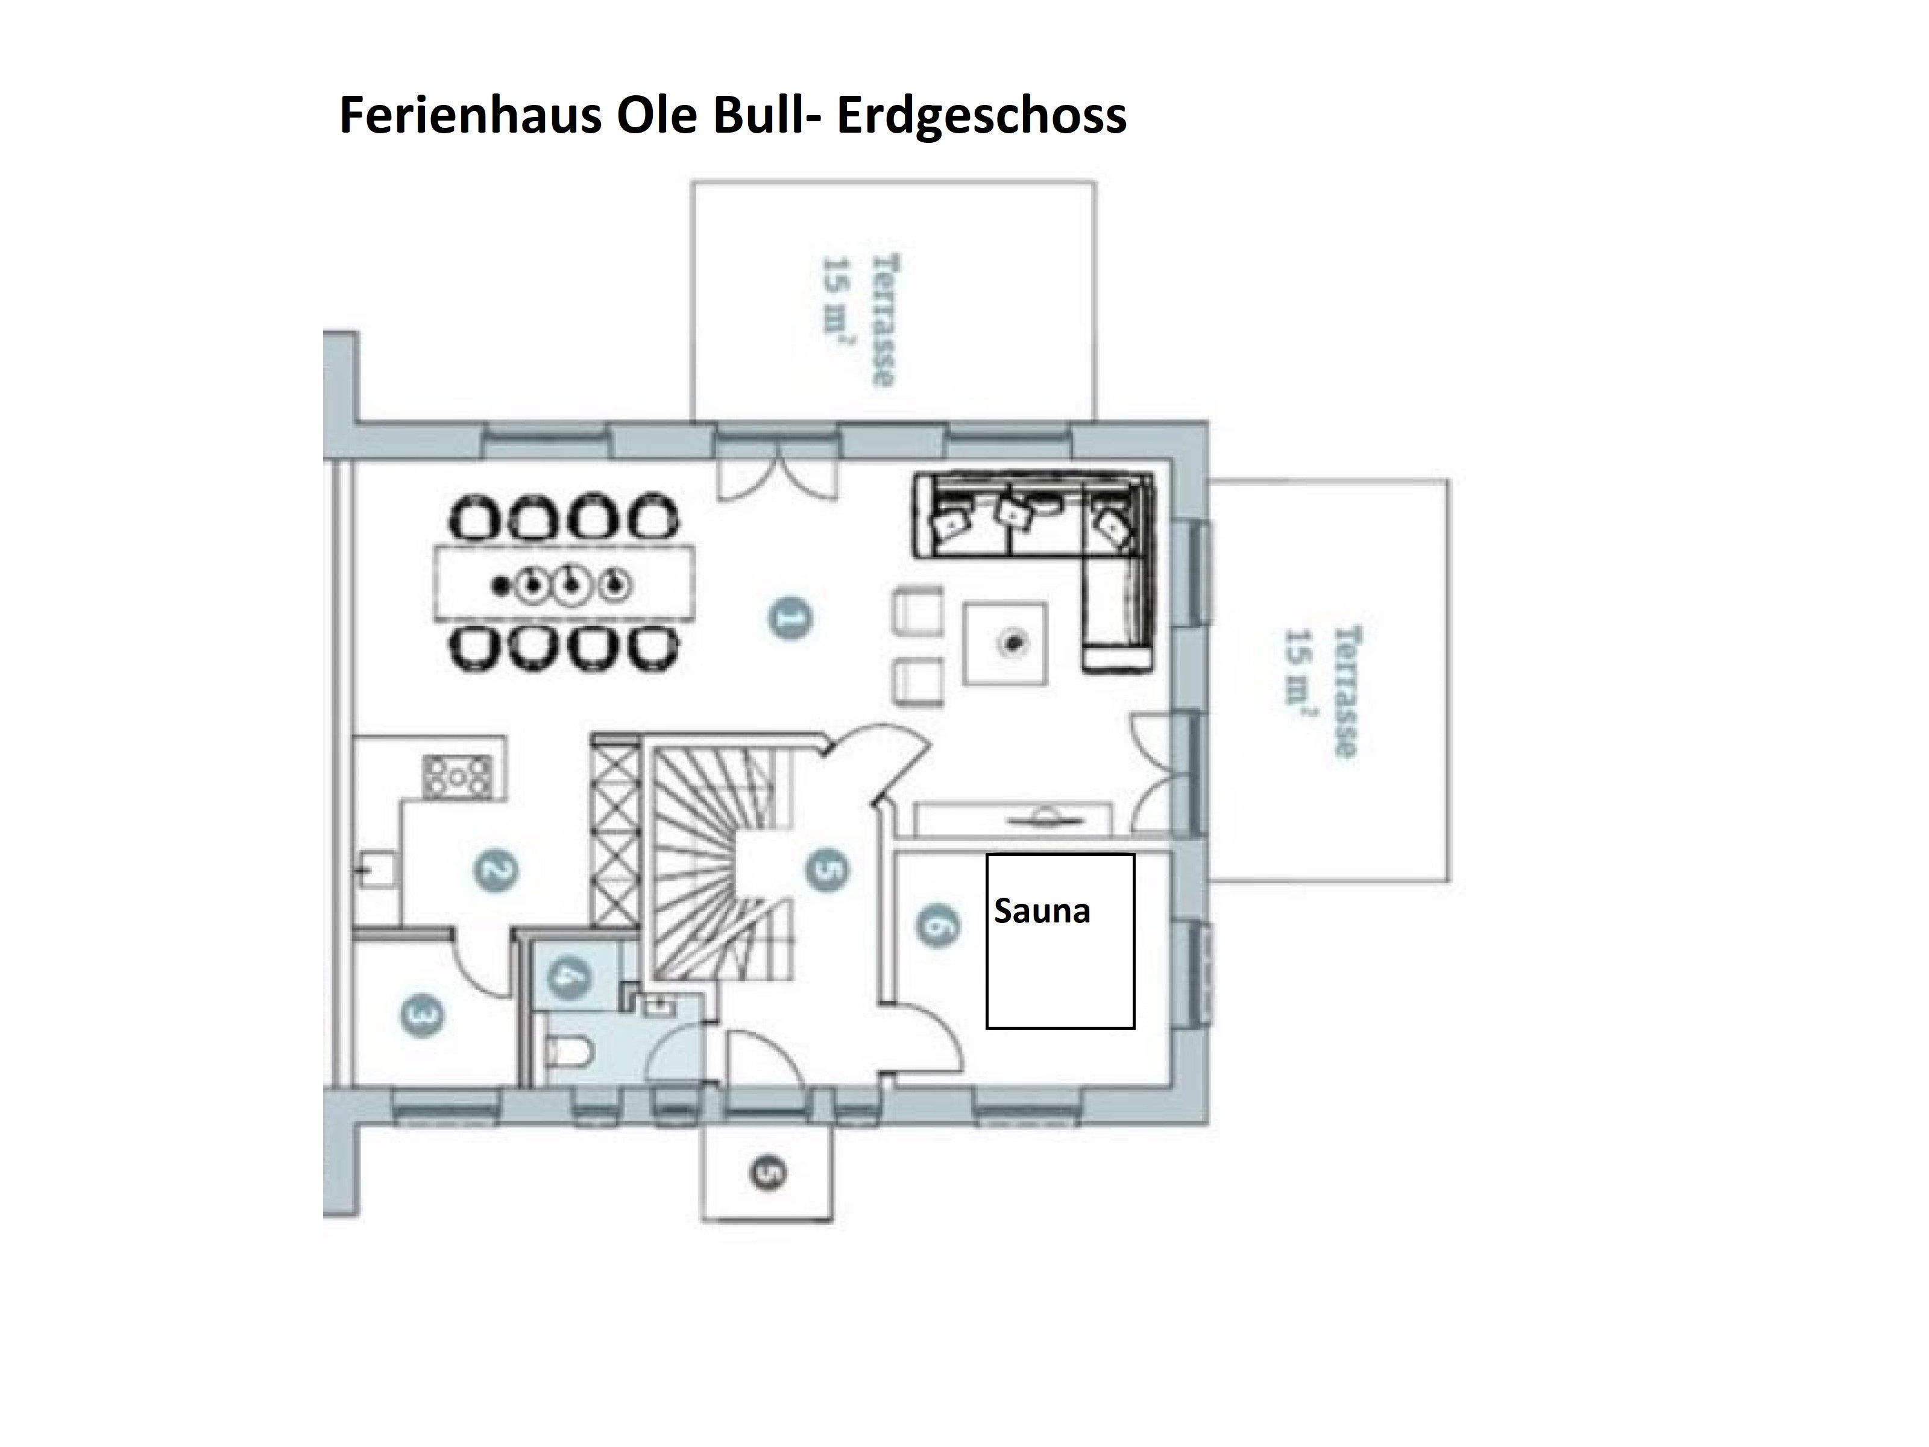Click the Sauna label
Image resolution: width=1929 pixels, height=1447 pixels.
point(1042,912)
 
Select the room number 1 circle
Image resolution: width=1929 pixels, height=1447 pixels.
point(791,619)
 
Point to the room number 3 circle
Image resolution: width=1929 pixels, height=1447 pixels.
point(422,1016)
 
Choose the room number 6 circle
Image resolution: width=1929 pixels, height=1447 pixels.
point(937,925)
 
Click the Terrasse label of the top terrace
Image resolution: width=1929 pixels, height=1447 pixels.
point(884,320)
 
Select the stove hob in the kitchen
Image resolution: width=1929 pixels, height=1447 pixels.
point(457,777)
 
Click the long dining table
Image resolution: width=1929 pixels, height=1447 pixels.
point(565,582)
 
